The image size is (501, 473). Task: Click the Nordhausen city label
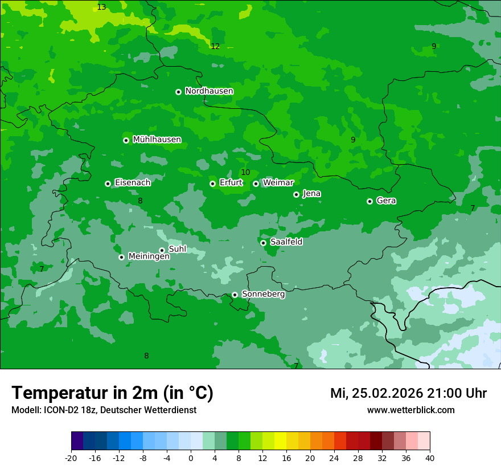pyautogui.click(x=209, y=91)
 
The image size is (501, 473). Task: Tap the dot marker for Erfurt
pyautogui.click(x=212, y=184)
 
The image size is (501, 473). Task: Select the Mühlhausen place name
pyautogui.click(x=157, y=140)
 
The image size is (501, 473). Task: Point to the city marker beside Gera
pyautogui.click(x=369, y=201)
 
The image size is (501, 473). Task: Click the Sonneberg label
pyautogui.click(x=263, y=294)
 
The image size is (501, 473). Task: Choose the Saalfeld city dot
pyautogui.click(x=263, y=243)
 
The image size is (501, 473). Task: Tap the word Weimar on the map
pyautogui.click(x=278, y=183)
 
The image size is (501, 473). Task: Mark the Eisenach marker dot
pyautogui.click(x=108, y=184)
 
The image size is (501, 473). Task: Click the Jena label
pyautogui.click(x=312, y=194)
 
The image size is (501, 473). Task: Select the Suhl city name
pyautogui.click(x=178, y=249)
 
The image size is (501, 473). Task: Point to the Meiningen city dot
pyautogui.click(x=121, y=257)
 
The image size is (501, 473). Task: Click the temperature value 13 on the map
pyautogui.click(x=101, y=7)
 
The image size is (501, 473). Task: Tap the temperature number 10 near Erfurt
pyautogui.click(x=245, y=173)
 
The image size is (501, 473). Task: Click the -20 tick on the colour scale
pyautogui.click(x=71, y=458)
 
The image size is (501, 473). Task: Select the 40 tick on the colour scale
pyautogui.click(x=429, y=458)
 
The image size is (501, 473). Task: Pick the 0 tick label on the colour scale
pyautogui.click(x=191, y=458)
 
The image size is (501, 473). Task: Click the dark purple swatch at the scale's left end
pyautogui.click(x=77, y=441)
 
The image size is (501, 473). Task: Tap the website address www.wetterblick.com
pyautogui.click(x=410, y=410)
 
